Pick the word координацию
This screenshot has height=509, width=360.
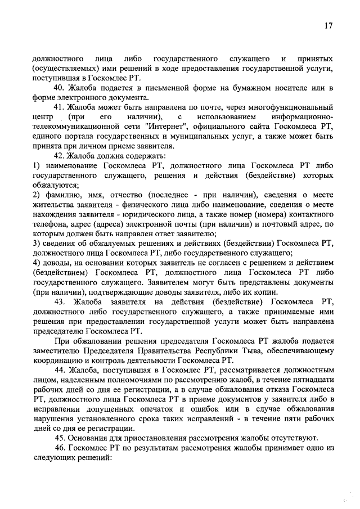click(58, 361)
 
